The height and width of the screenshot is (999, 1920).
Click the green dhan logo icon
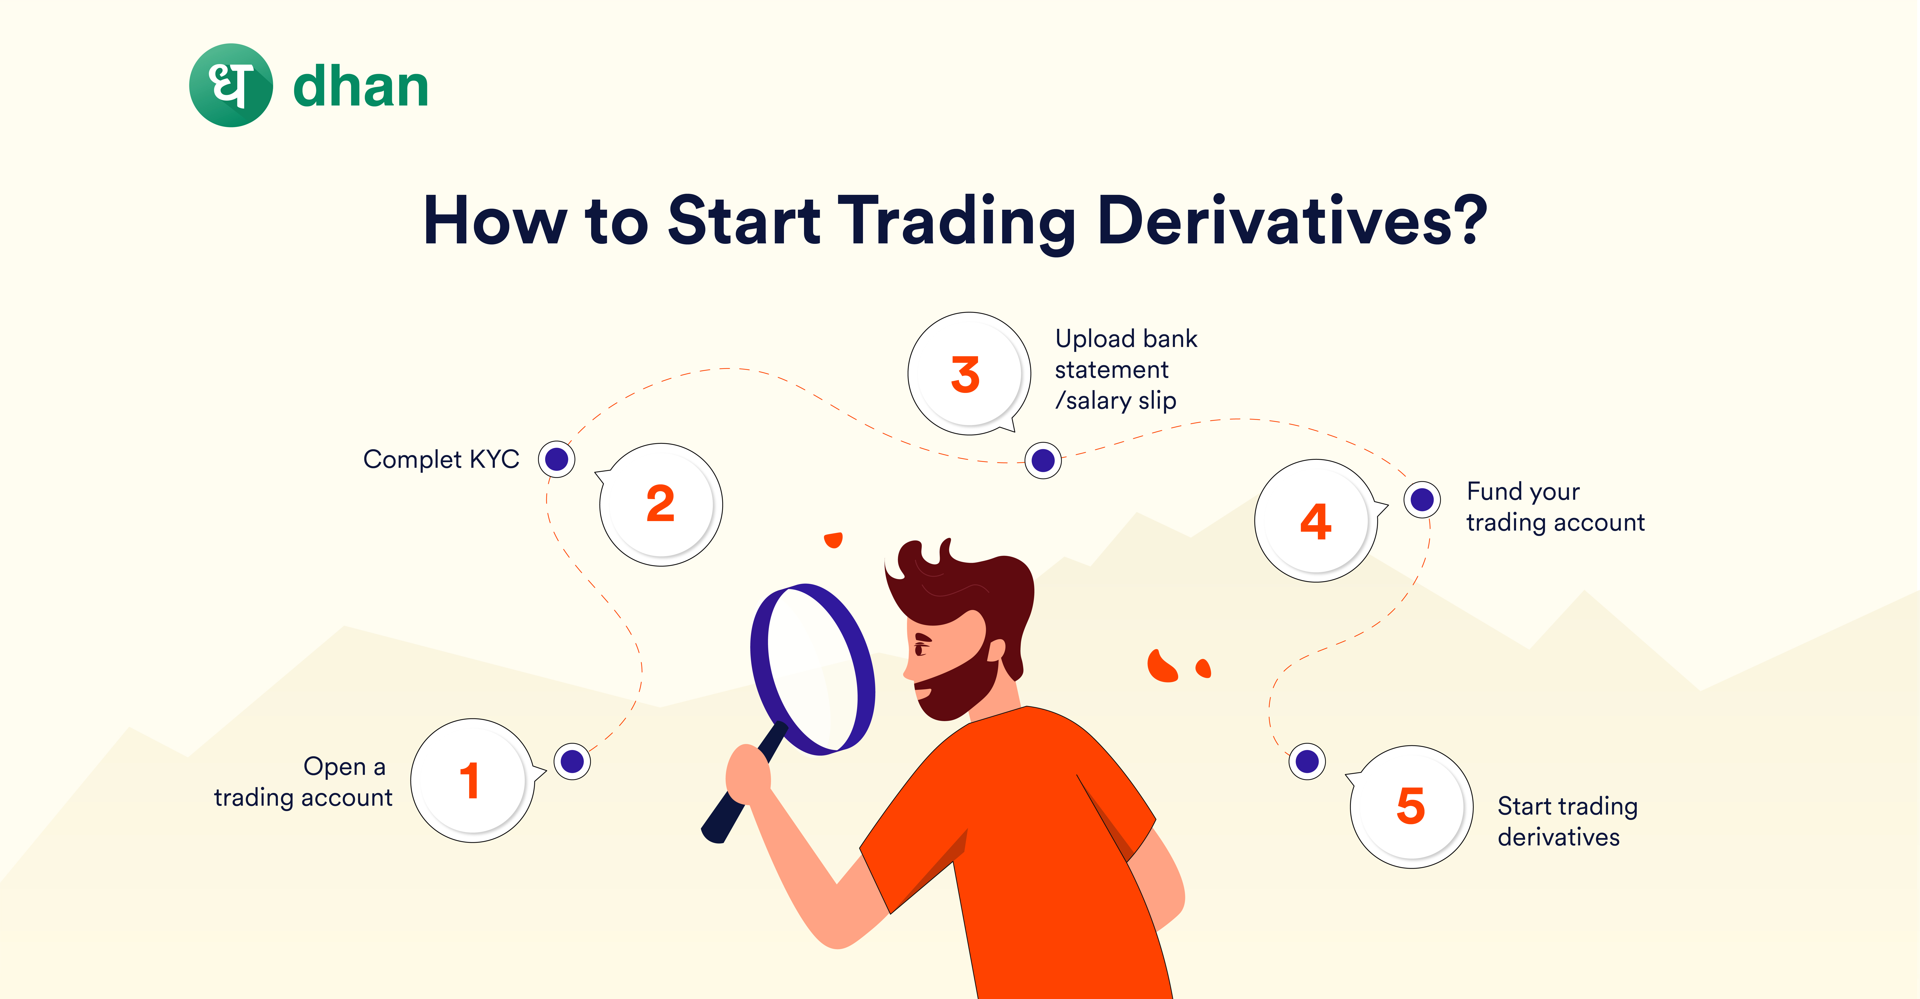[x=231, y=85]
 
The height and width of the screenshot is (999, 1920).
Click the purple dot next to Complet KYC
[x=557, y=459]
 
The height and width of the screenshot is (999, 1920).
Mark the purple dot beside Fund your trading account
[x=1422, y=499]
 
